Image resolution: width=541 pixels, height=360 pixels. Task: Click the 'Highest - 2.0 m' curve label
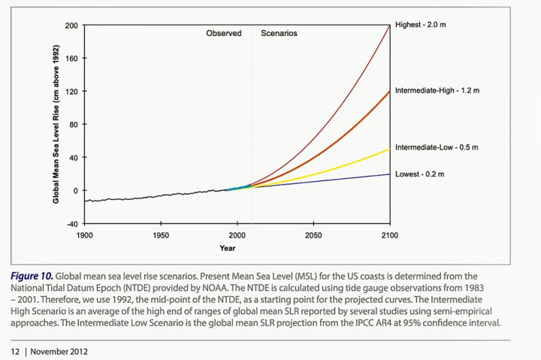(420, 25)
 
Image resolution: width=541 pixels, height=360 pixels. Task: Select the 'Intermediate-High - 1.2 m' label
(437, 90)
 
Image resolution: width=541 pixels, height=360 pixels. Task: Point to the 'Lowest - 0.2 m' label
(419, 174)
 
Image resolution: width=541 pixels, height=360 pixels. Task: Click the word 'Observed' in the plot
(224, 34)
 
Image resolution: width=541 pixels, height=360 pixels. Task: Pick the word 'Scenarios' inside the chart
(279, 34)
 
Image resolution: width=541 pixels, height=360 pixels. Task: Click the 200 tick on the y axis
(72, 26)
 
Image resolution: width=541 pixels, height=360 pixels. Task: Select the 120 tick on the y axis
(72, 92)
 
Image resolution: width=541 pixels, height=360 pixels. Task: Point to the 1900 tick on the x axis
(84, 235)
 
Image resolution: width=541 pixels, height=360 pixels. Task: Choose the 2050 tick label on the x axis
(313, 235)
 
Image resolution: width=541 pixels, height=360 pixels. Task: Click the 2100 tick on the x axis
(389, 235)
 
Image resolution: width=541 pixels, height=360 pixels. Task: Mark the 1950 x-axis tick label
(160, 235)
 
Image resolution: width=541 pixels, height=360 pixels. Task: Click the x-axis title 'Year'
(227, 248)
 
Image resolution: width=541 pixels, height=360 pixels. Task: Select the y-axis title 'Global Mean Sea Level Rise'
(56, 125)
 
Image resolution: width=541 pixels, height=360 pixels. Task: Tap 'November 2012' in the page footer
(58, 351)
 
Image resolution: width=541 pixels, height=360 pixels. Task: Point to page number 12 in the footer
(14, 351)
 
